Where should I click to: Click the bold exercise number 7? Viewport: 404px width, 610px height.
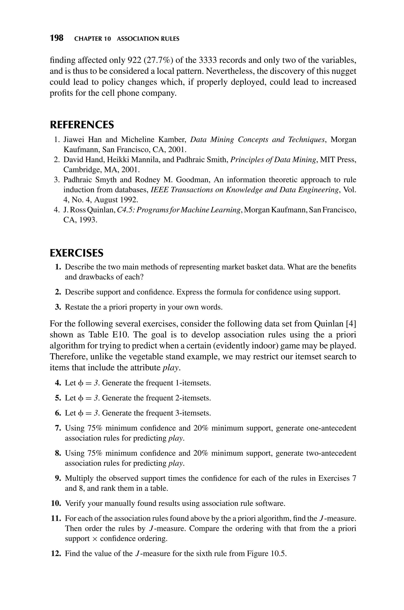pyautogui.click(x=58, y=428)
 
